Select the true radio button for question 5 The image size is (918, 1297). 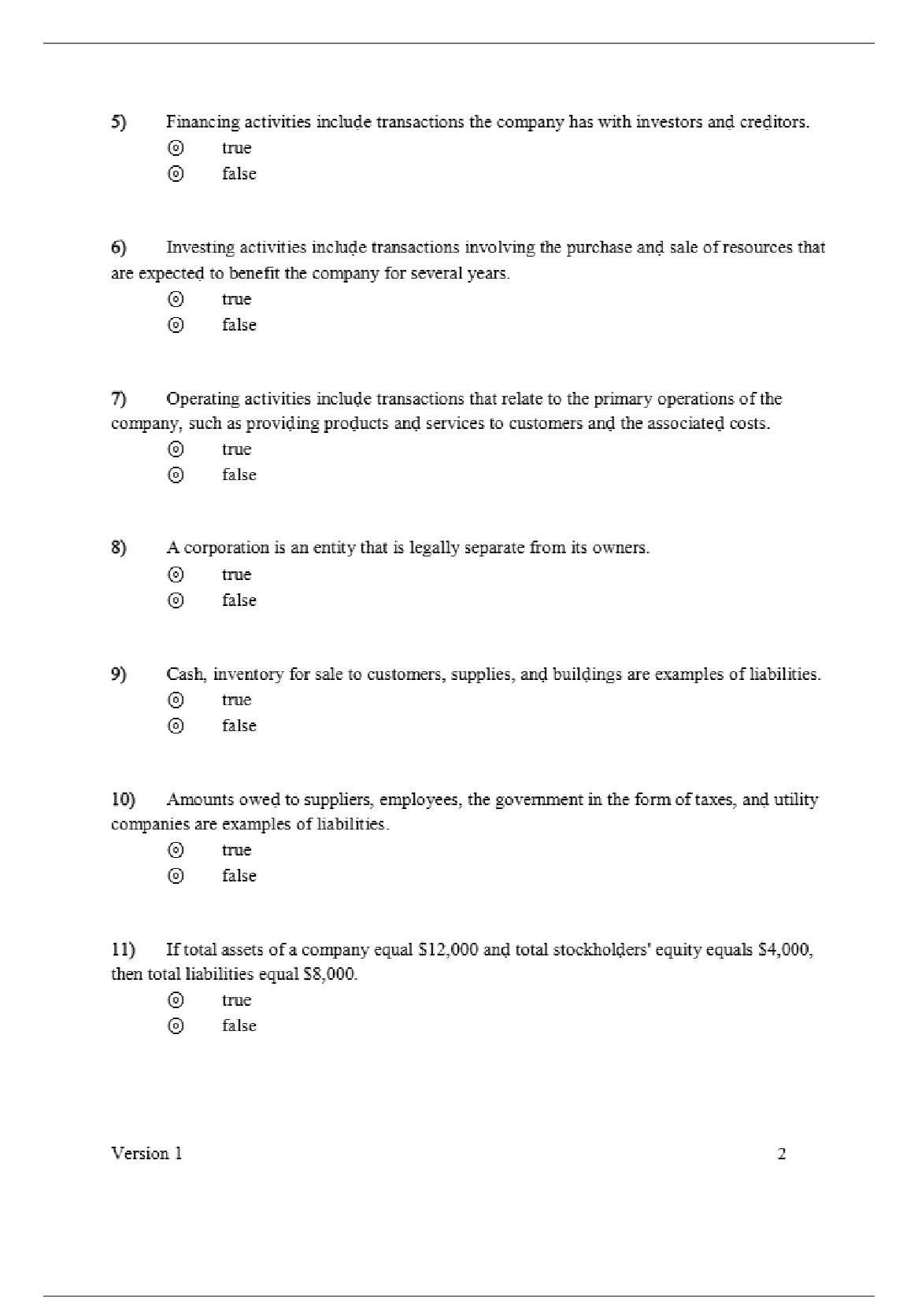[x=176, y=148]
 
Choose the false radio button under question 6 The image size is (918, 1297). [x=176, y=324]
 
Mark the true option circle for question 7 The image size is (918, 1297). [x=176, y=449]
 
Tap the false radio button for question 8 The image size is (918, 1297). [x=176, y=600]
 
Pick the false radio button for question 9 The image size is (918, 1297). [x=176, y=726]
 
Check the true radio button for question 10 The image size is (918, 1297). [x=176, y=850]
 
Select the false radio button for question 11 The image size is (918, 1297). [x=176, y=1025]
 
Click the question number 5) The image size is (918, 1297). [x=118, y=122]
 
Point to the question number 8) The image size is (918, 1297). [x=118, y=548]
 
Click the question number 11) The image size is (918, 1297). [x=122, y=950]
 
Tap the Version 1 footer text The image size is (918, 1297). [x=146, y=1154]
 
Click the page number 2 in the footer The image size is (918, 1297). [x=782, y=1155]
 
